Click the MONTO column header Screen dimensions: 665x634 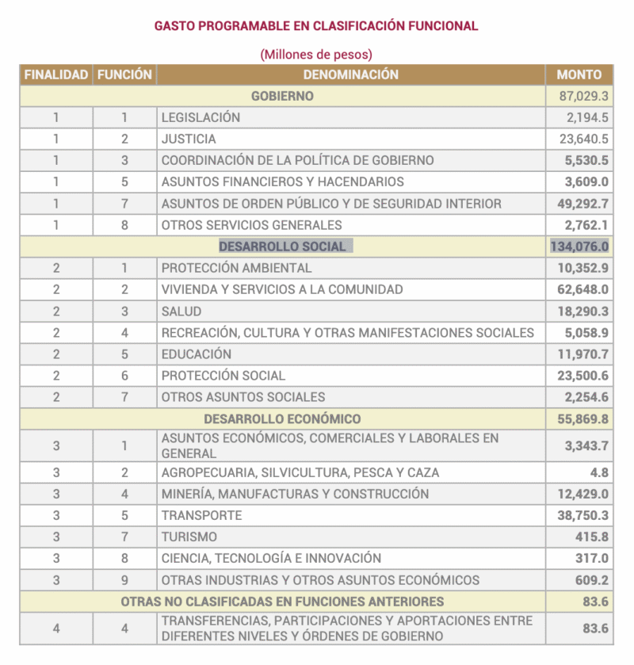[x=579, y=75]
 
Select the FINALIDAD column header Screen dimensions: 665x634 [x=55, y=75]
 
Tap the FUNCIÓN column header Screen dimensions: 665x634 [x=124, y=75]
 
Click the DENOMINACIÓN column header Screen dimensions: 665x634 [x=350, y=75]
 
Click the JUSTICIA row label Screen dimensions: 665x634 [x=189, y=139]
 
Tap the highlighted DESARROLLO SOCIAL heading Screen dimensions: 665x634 [x=283, y=247]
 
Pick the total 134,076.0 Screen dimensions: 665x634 [x=579, y=247]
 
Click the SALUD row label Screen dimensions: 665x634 [x=181, y=311]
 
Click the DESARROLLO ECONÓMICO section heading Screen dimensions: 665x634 [x=282, y=418]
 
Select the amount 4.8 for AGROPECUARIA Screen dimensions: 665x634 [x=599, y=472]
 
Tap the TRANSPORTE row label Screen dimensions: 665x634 [x=201, y=515]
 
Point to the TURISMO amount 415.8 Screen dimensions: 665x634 [x=592, y=537]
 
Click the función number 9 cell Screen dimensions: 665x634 [x=124, y=579]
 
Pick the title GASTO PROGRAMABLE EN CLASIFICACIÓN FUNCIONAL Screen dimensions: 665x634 [x=316, y=25]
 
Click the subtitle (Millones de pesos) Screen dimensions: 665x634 [x=316, y=54]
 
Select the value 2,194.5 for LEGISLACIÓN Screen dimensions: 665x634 [x=587, y=117]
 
